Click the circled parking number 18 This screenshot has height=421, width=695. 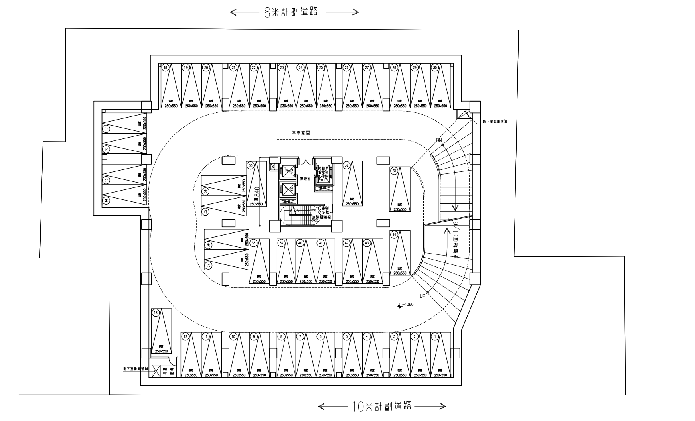click(166, 68)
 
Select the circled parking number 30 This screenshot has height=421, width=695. click(435, 68)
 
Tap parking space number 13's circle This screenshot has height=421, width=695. click(156, 313)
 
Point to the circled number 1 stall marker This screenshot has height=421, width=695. click(435, 337)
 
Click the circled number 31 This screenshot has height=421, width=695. click(394, 171)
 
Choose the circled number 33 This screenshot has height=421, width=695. click(251, 165)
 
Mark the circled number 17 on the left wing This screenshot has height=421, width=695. click(106, 128)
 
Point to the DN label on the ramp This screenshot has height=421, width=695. click(439, 140)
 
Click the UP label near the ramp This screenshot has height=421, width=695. click(423, 296)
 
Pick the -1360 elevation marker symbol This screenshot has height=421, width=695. click(400, 306)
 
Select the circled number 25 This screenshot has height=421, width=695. click(320, 68)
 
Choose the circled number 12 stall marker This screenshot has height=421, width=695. click(185, 337)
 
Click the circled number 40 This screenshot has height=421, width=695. click(300, 243)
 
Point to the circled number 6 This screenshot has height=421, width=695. click(320, 337)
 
